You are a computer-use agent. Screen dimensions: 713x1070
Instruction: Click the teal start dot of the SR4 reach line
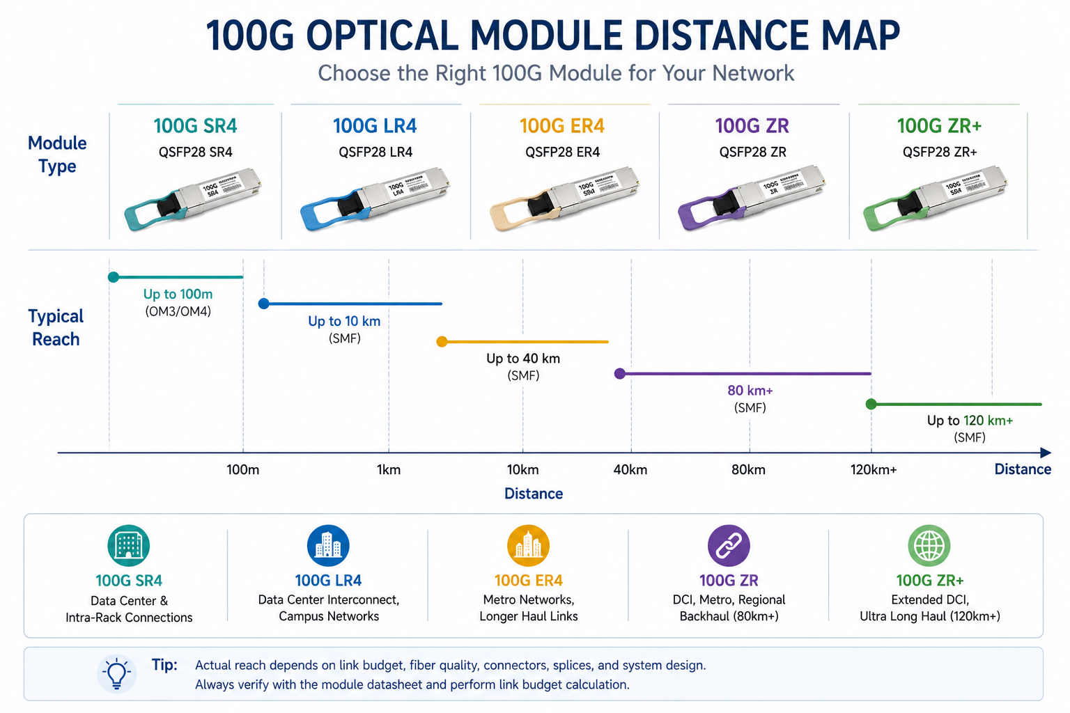(x=114, y=277)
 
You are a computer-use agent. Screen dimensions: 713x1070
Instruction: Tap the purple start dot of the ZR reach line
(x=619, y=374)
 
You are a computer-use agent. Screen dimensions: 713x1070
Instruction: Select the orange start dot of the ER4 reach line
(x=442, y=342)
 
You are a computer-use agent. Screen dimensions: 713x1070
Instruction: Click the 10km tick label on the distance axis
(x=522, y=470)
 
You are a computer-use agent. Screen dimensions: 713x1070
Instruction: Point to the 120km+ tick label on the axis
(x=873, y=470)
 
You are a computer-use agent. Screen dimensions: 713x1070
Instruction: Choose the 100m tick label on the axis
(x=242, y=470)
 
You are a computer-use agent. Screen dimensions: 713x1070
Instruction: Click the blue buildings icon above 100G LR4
(x=328, y=546)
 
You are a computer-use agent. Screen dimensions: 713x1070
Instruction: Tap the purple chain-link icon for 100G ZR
(x=729, y=546)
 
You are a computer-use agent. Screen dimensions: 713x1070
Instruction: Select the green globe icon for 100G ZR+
(x=929, y=546)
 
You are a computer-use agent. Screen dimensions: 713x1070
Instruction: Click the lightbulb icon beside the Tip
(x=116, y=673)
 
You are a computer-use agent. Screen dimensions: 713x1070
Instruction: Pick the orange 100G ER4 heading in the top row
(x=561, y=126)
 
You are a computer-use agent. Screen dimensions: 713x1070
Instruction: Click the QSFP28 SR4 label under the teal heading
(x=196, y=152)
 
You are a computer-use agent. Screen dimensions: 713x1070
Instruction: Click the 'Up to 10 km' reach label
(x=344, y=321)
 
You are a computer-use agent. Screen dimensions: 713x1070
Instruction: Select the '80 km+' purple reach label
(x=750, y=391)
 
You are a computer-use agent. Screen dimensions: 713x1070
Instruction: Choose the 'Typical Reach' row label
(x=56, y=327)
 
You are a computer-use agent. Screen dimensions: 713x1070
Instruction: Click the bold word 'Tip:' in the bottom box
(x=164, y=665)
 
